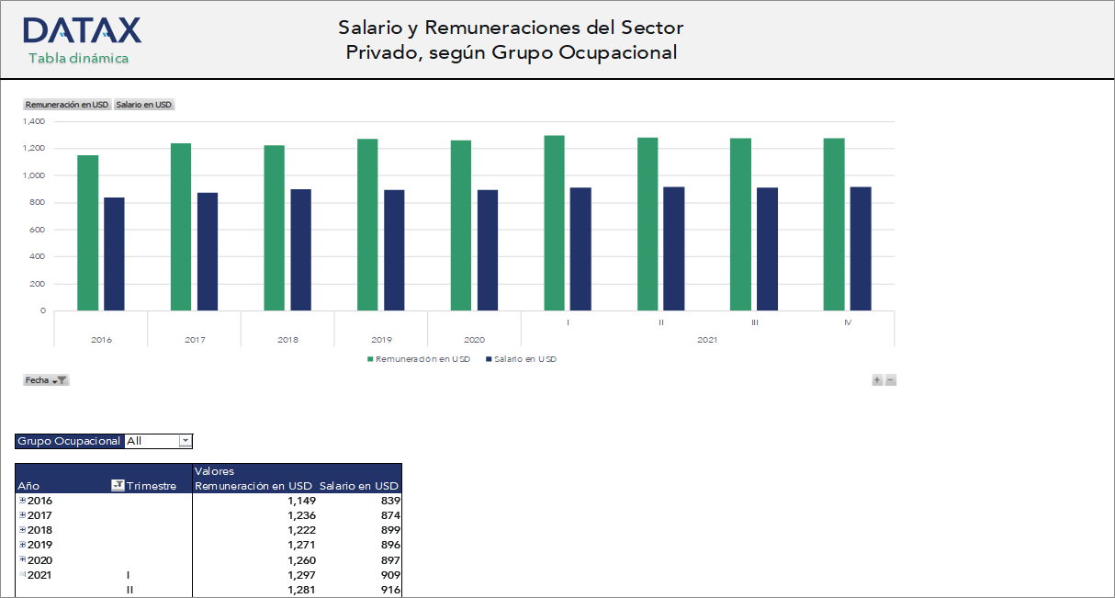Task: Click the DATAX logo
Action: click(x=82, y=30)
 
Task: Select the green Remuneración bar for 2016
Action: click(x=87, y=232)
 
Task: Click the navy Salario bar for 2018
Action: click(x=300, y=249)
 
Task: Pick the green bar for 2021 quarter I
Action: click(x=554, y=222)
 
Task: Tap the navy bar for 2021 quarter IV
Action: click(x=861, y=248)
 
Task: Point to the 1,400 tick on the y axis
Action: click(x=34, y=121)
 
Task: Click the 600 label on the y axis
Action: click(x=38, y=230)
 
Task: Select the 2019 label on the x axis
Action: click(x=380, y=340)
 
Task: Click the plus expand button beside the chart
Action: click(x=877, y=380)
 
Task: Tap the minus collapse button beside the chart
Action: click(x=890, y=380)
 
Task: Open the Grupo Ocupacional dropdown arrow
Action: click(x=185, y=441)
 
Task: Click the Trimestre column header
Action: click(x=151, y=486)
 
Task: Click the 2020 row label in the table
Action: click(x=40, y=560)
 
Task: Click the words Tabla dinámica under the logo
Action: click(x=78, y=58)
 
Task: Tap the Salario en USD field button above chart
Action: click(x=143, y=105)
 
